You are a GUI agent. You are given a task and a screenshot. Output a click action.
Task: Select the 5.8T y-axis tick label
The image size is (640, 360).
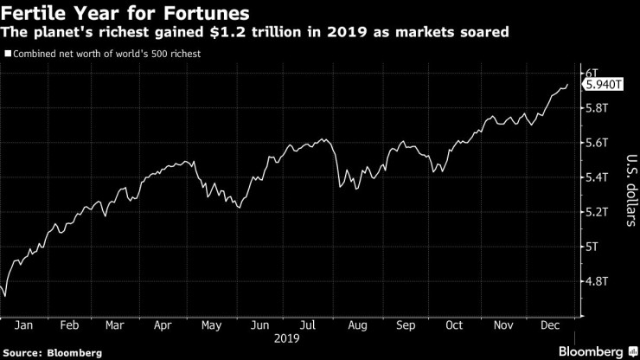598,107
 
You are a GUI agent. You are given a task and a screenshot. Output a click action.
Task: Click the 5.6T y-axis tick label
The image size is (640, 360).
598,142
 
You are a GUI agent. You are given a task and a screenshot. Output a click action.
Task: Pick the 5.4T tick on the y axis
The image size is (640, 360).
598,177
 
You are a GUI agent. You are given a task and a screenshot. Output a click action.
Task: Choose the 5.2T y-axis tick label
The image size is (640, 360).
598,211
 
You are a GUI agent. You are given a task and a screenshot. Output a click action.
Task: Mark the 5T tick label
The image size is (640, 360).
593,246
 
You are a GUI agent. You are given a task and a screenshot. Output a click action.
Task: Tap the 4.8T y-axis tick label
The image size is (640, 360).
598,280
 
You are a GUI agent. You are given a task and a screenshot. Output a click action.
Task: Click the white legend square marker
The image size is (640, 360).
8,54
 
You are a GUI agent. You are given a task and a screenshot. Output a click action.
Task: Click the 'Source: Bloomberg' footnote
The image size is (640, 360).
52,352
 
